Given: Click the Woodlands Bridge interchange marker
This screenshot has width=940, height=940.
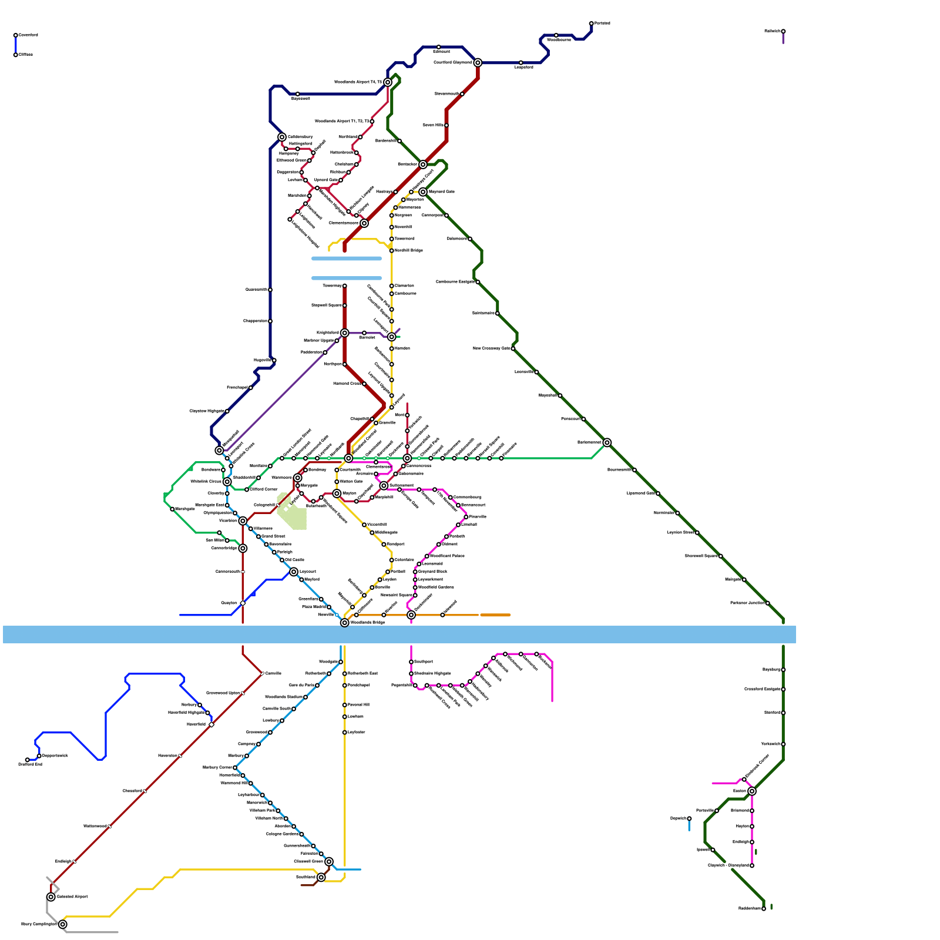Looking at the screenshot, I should point(345,623).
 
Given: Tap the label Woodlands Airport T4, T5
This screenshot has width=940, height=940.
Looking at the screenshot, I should point(358,82).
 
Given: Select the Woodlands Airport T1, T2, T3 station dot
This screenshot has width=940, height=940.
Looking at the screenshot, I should point(372,122).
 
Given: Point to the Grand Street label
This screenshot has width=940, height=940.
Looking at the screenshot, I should point(273,536).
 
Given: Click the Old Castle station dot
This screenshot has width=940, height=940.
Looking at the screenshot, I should point(282,560).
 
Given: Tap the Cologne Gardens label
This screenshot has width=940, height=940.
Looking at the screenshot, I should point(282,834).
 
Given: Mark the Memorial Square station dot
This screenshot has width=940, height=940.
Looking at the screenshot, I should point(415,595).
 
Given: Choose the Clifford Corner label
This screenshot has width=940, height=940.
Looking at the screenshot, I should point(264,489).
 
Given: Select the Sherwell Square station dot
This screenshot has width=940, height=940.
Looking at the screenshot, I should point(721,556).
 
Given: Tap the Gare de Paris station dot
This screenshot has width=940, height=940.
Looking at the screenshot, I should point(317,686).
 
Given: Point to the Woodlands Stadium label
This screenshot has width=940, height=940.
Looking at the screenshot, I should point(284,697).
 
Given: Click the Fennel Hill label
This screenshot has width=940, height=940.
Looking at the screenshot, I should point(358,705).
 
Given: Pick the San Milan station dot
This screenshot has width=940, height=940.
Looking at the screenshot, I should point(227,540).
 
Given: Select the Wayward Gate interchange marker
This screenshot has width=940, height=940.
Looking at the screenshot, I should point(423,192).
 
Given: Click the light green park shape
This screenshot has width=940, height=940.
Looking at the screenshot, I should point(292,511).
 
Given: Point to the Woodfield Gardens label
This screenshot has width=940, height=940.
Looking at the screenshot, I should point(436,587).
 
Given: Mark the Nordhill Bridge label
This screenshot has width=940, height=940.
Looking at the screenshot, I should point(409,251).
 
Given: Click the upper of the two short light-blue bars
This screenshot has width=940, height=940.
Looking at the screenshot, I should point(347,258).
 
